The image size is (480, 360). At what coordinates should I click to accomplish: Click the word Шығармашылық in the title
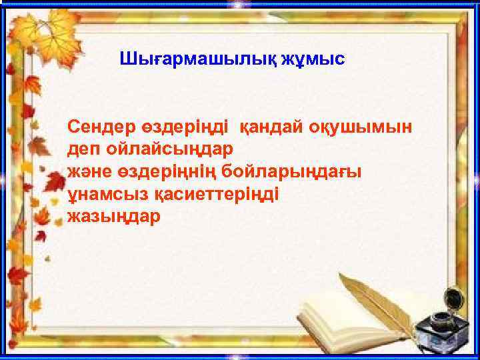coord(203,59)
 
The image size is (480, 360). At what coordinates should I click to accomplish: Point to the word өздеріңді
coord(185,126)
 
